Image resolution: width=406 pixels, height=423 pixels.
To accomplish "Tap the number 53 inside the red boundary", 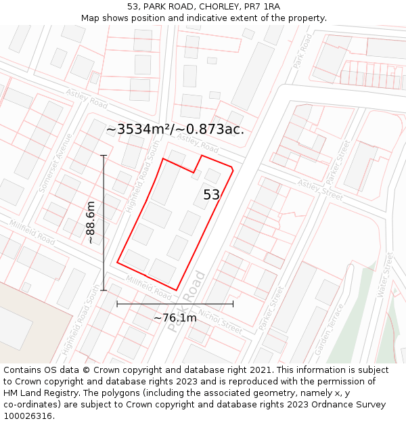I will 212,195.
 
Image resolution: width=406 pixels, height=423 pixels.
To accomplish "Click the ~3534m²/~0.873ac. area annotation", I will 175,129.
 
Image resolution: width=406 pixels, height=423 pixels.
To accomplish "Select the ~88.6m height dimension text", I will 91,222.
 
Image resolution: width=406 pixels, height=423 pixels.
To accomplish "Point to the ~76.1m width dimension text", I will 175,317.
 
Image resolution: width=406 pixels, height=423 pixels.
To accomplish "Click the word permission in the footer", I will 353,382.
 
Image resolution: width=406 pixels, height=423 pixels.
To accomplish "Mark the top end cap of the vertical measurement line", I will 104,156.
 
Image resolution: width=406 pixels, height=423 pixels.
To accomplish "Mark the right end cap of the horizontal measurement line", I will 233,304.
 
